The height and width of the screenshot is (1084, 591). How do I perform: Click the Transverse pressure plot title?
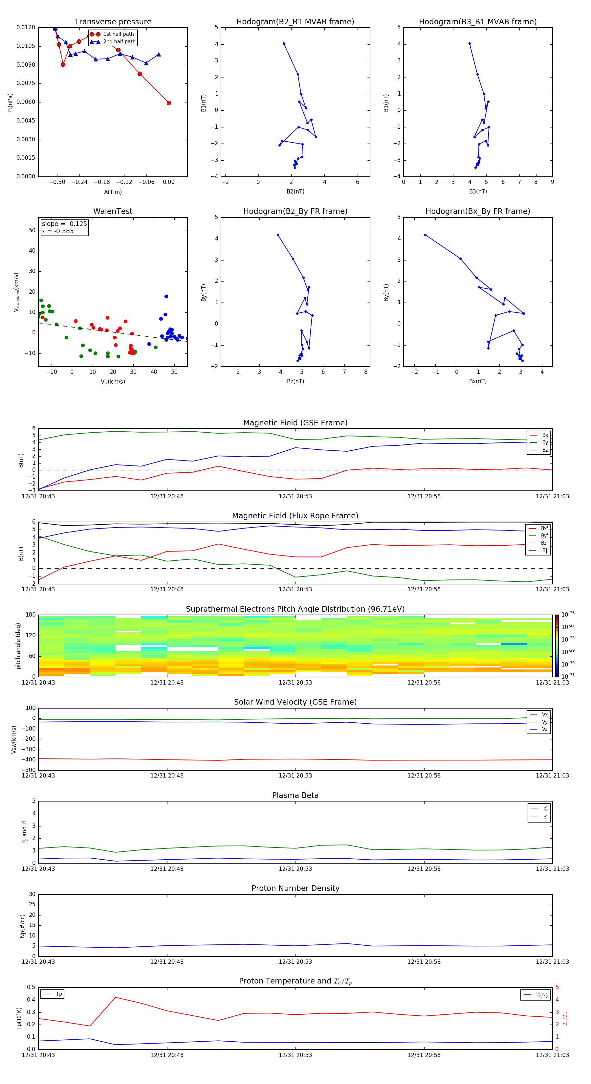click(113, 22)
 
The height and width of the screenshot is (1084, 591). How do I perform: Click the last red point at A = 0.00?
click(169, 103)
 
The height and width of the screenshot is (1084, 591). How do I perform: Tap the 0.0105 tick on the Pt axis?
click(26, 46)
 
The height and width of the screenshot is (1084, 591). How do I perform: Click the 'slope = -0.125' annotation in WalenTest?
click(64, 224)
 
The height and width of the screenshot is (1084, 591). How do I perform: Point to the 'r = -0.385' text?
click(58, 231)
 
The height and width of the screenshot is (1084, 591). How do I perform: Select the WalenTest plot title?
click(113, 211)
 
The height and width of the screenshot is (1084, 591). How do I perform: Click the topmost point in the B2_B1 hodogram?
click(283, 43)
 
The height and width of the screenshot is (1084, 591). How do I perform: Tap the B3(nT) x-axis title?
click(478, 192)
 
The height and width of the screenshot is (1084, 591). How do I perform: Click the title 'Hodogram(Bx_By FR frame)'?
click(477, 211)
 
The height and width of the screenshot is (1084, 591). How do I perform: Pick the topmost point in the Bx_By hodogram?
click(425, 235)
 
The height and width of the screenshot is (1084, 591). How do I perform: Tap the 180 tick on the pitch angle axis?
click(31, 615)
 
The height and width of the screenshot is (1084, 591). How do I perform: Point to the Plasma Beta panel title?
click(295, 795)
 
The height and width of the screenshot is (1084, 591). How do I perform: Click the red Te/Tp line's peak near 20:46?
click(115, 997)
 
